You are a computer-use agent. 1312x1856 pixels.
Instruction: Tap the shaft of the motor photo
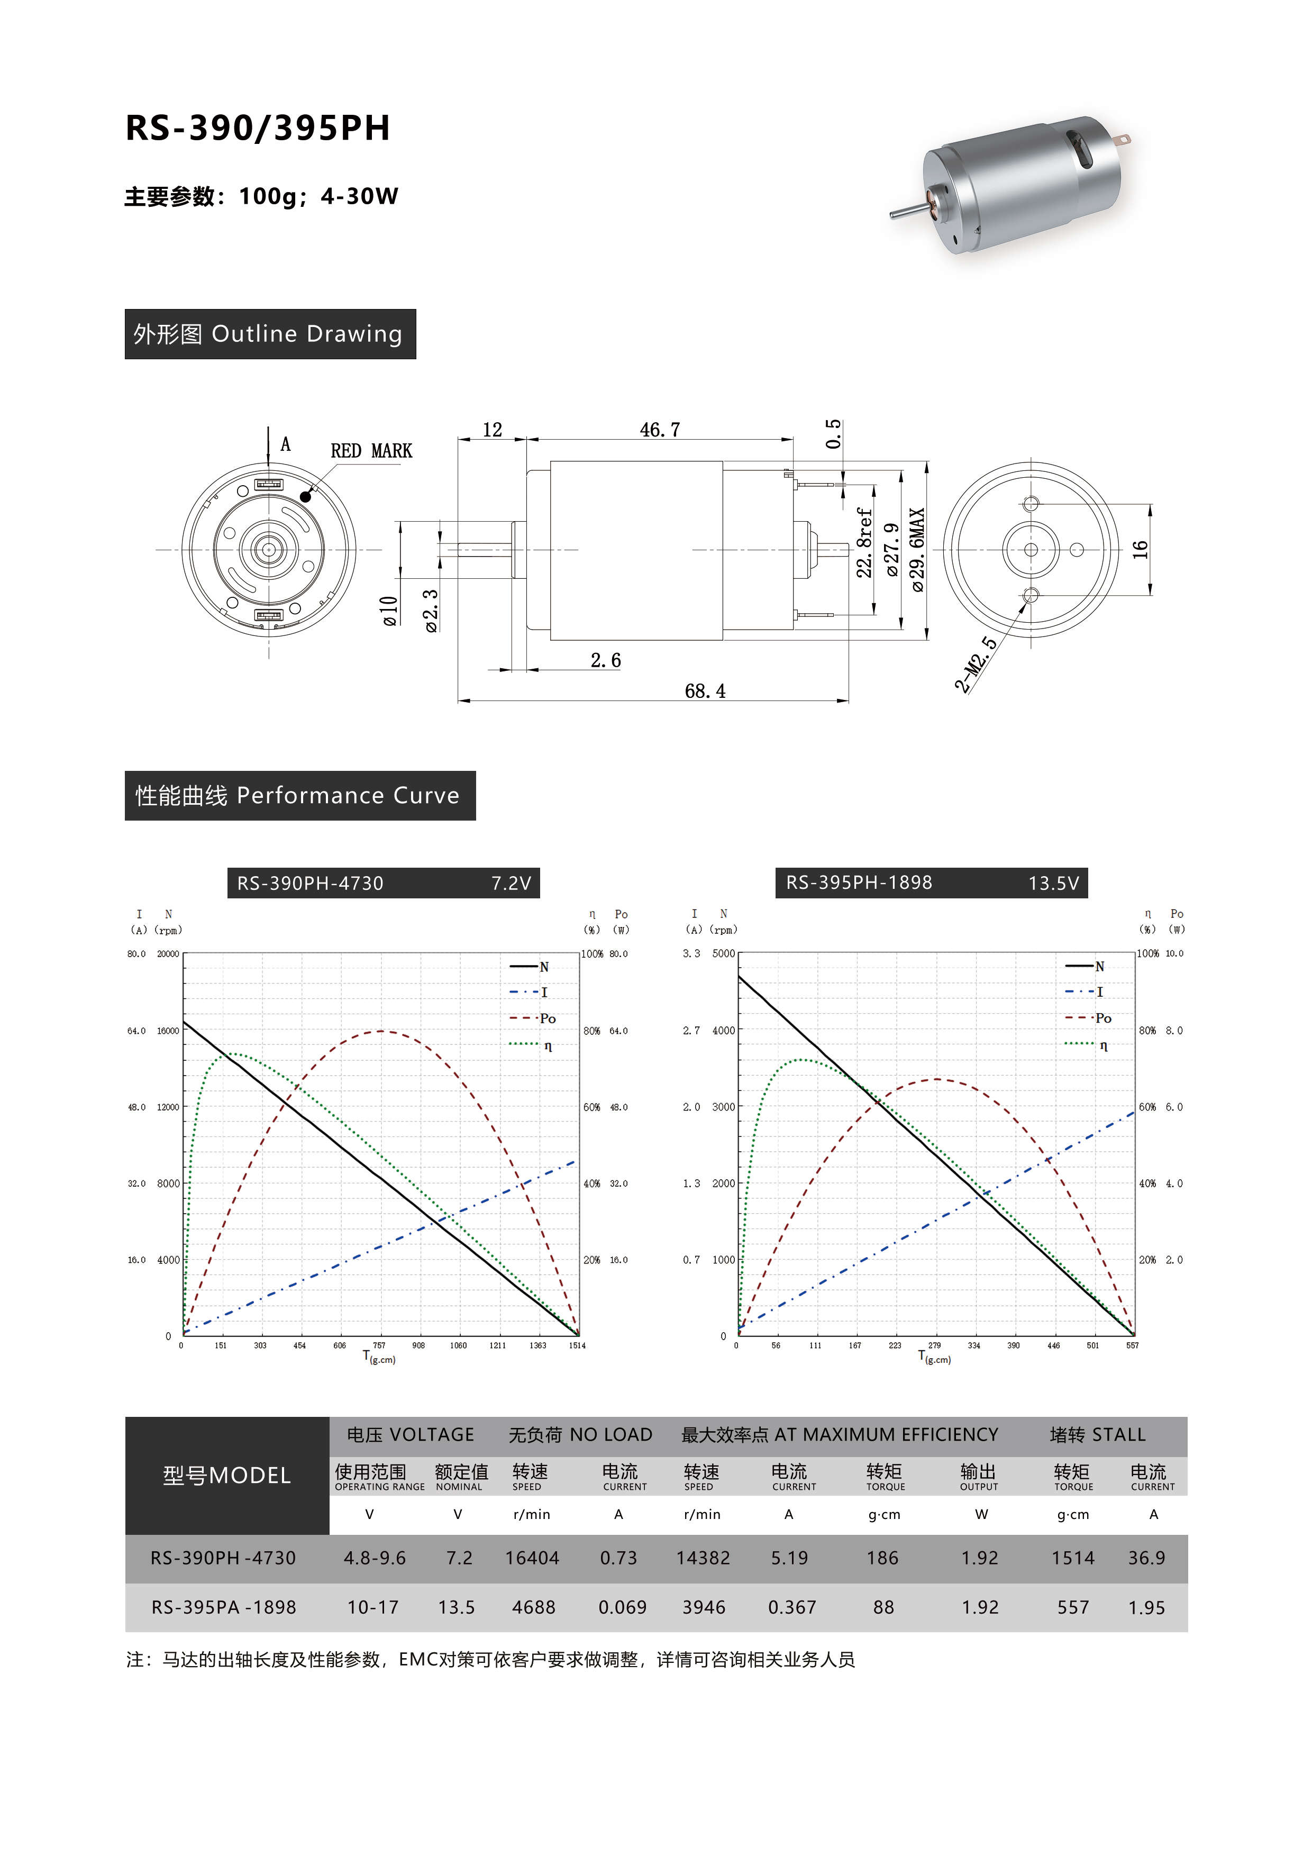click(907, 211)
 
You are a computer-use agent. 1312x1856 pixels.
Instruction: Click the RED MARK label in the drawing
click(371, 451)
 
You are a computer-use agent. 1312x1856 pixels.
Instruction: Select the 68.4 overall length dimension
click(705, 691)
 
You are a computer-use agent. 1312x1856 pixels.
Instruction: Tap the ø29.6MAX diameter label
click(917, 550)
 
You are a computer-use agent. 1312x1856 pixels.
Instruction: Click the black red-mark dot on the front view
click(306, 496)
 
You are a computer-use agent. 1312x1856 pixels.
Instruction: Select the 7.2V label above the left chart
click(511, 884)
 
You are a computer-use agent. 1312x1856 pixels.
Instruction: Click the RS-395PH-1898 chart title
click(859, 882)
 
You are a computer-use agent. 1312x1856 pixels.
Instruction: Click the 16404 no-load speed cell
click(532, 1558)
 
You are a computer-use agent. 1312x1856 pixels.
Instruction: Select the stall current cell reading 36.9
click(1146, 1558)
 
